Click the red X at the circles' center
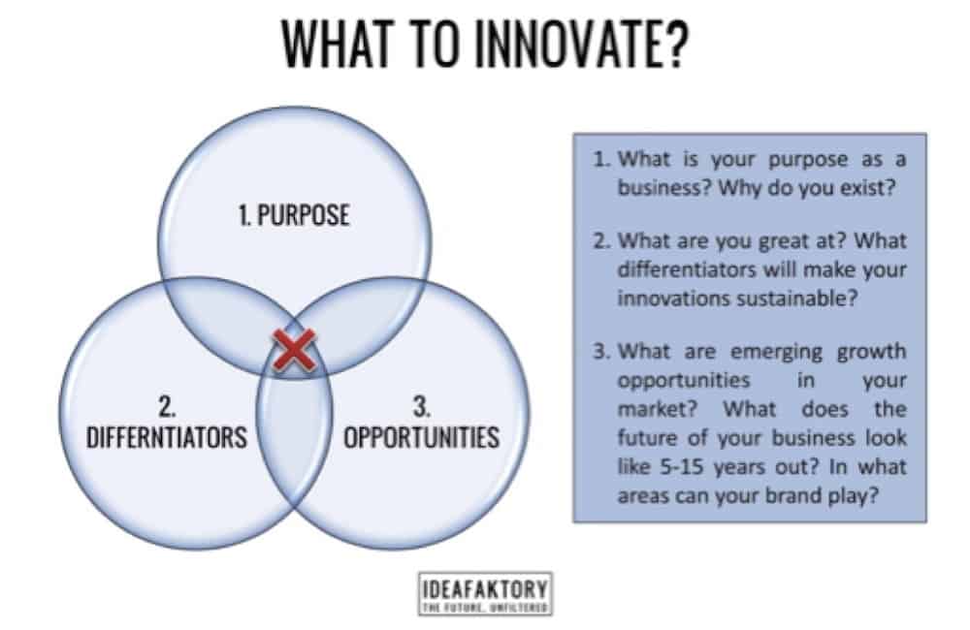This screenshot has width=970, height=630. pos(294,351)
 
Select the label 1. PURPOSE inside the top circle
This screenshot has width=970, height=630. pos(293,214)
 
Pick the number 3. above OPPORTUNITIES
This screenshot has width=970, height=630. pos(421,401)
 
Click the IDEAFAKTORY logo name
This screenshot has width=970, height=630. pos(485,587)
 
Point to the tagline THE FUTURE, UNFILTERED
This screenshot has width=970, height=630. pos(485,607)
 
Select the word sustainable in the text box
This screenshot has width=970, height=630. pos(802,299)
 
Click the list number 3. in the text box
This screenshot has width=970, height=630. pos(603,351)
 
